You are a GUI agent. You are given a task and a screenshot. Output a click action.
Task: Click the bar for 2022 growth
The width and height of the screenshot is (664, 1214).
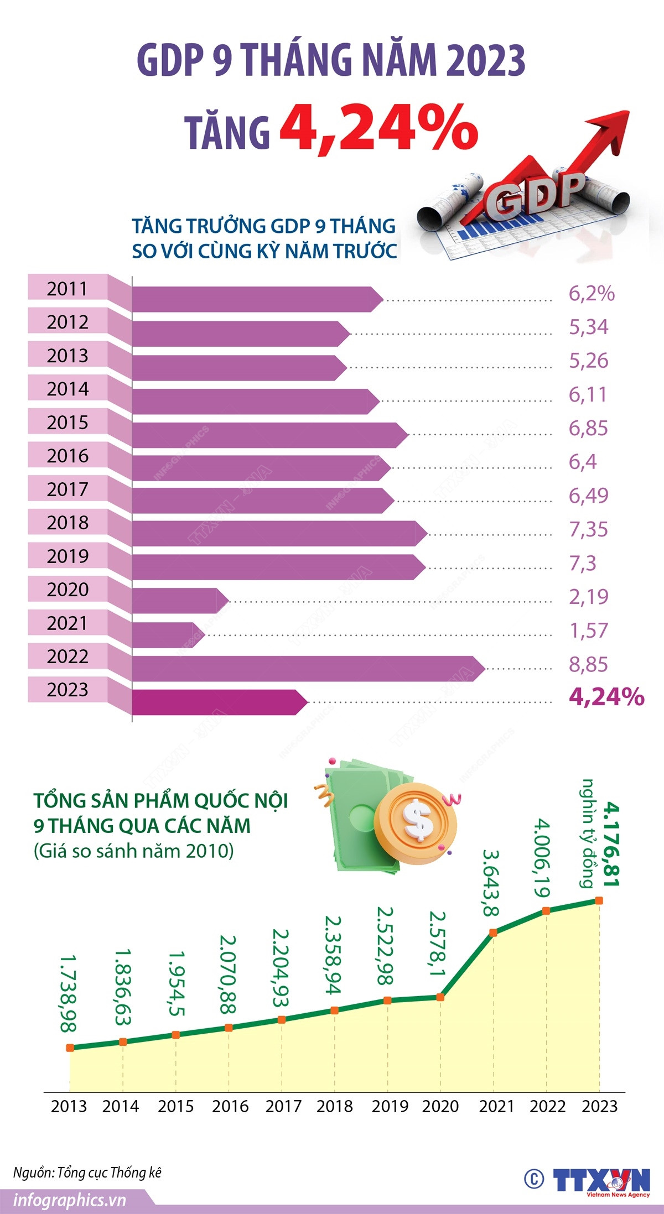tap(304, 668)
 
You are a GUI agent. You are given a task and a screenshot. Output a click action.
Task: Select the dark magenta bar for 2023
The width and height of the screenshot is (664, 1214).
tap(216, 702)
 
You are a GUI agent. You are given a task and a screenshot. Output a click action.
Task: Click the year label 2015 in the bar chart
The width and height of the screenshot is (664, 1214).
tap(68, 423)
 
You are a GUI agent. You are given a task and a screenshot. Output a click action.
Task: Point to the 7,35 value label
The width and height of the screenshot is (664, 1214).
tap(588, 529)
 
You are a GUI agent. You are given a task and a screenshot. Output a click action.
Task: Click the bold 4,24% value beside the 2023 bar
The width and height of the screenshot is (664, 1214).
tap(606, 697)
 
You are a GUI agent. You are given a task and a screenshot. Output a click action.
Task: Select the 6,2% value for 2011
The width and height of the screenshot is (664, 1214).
tap(591, 294)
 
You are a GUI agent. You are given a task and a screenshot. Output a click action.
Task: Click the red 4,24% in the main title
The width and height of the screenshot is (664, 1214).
tap(378, 128)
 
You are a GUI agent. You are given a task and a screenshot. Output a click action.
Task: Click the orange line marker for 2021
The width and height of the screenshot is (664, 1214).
tap(494, 932)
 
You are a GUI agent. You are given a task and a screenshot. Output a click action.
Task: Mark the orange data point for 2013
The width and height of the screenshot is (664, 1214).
tap(70, 1048)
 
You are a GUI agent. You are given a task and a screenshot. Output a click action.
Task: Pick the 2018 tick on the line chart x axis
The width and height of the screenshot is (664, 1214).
tap(334, 1106)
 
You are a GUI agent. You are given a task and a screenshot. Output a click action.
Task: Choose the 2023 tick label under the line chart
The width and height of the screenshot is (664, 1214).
tap(599, 1106)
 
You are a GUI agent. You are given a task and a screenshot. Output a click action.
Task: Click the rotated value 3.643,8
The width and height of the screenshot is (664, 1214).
tap(490, 883)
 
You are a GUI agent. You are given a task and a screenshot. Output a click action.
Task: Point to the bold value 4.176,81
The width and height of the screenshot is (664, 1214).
tap(611, 844)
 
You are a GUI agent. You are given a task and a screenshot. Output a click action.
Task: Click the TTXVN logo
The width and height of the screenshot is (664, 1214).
tap(601, 1181)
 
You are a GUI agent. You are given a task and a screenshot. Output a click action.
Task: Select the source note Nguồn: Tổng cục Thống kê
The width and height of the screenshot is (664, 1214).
tap(87, 1173)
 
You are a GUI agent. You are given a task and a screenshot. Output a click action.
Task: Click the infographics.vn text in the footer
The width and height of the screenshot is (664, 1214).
tap(70, 1201)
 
